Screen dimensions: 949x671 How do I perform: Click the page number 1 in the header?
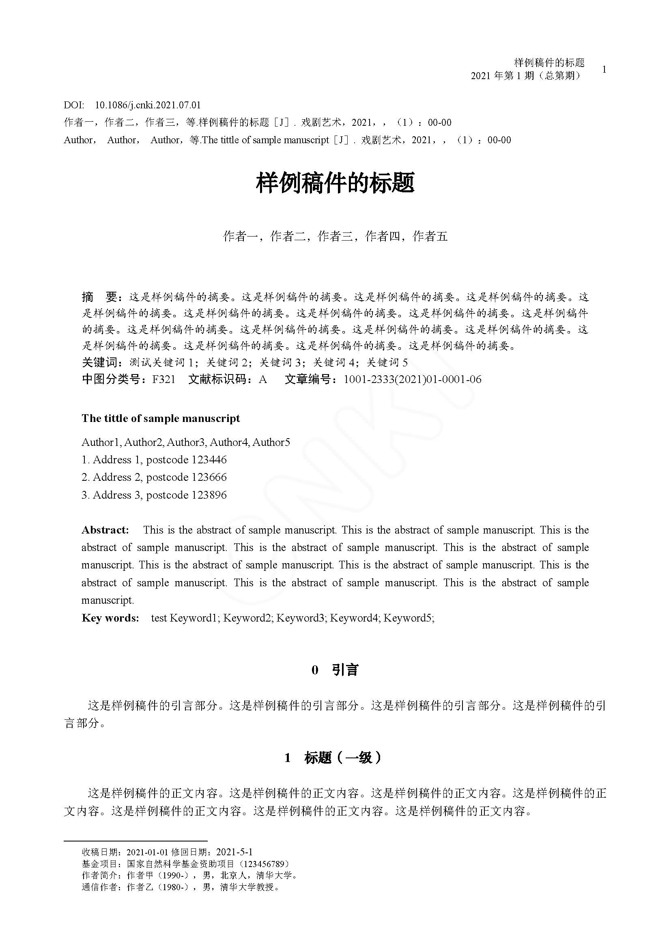(604, 69)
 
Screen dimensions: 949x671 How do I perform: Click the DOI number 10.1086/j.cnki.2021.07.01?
(148, 105)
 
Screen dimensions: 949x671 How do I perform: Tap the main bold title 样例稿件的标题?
(335, 183)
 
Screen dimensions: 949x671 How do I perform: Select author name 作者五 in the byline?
(430, 237)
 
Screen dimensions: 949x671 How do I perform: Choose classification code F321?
(163, 379)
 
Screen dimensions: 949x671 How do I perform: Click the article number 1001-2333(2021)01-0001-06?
(412, 379)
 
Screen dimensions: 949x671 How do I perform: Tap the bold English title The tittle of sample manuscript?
(161, 418)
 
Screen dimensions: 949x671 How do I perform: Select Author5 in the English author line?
(271, 442)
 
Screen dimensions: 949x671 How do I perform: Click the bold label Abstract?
(105, 530)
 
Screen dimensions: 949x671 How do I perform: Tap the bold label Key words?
(110, 618)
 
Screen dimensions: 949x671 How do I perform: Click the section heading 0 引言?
(335, 670)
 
